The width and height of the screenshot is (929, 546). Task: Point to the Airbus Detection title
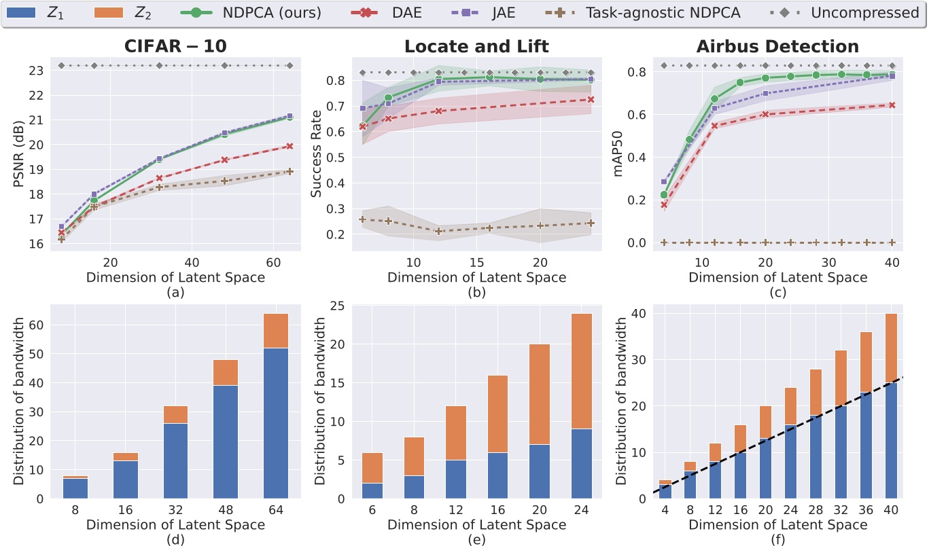[x=777, y=47]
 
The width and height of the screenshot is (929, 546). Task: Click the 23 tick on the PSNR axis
[x=37, y=71]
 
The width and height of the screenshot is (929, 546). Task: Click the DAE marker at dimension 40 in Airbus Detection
[x=892, y=105]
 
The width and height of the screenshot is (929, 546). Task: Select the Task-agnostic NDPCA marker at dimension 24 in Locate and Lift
[x=591, y=223]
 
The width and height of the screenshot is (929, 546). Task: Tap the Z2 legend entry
[x=129, y=13]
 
